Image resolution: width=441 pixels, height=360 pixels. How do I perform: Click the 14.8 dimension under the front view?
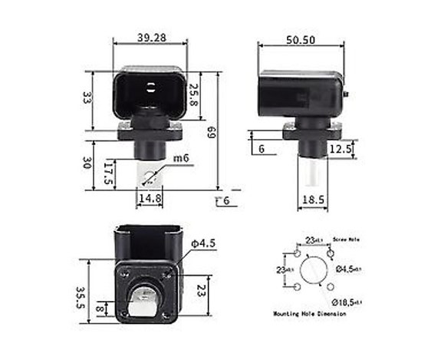150,199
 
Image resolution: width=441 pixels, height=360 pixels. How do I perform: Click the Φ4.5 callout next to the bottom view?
204,243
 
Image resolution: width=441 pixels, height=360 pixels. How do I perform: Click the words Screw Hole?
345,239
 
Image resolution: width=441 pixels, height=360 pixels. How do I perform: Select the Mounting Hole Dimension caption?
311,315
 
